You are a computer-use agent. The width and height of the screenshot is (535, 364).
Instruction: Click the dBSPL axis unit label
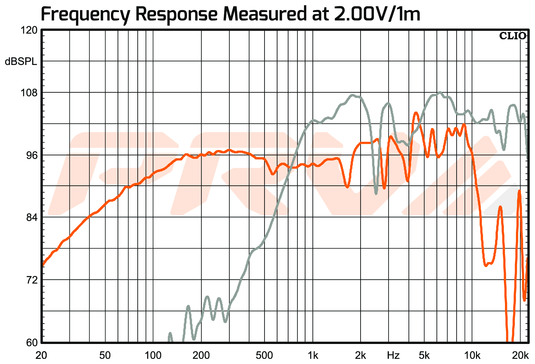coord(21,62)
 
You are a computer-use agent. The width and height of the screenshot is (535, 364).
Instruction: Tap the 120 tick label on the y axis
coord(28,30)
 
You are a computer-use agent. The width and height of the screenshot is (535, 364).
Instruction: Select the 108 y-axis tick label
coord(28,93)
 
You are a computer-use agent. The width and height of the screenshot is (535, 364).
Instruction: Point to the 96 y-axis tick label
coord(31,155)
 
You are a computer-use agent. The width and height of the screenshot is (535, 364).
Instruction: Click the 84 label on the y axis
coord(31,218)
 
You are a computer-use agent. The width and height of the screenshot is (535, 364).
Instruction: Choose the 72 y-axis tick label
coord(31,280)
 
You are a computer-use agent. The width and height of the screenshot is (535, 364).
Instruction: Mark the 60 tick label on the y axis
coord(31,342)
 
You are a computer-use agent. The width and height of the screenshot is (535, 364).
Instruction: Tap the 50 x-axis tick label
coord(105,356)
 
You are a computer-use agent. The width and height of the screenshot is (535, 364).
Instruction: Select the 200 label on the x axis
coord(201,356)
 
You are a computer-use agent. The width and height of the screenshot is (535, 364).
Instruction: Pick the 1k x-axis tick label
coord(313,356)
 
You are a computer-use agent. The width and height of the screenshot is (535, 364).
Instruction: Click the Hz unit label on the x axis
coord(393,356)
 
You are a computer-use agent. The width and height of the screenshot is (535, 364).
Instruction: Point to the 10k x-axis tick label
coord(472,356)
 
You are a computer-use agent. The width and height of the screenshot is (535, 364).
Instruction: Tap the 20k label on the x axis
coord(520,356)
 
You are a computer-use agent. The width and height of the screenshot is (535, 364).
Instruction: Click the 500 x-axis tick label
coord(264,356)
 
